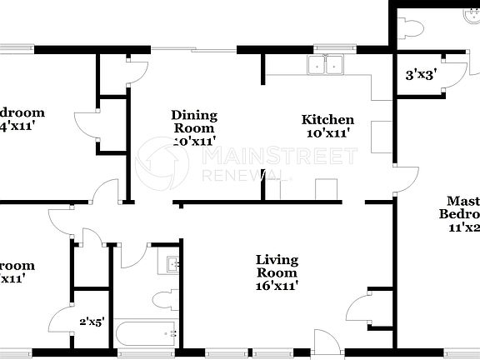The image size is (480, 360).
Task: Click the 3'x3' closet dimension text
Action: (x=422, y=75)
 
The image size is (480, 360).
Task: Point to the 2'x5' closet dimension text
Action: (x=92, y=321)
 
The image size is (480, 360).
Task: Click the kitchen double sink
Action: (x=327, y=66)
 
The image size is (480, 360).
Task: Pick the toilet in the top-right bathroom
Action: (x=411, y=27)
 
